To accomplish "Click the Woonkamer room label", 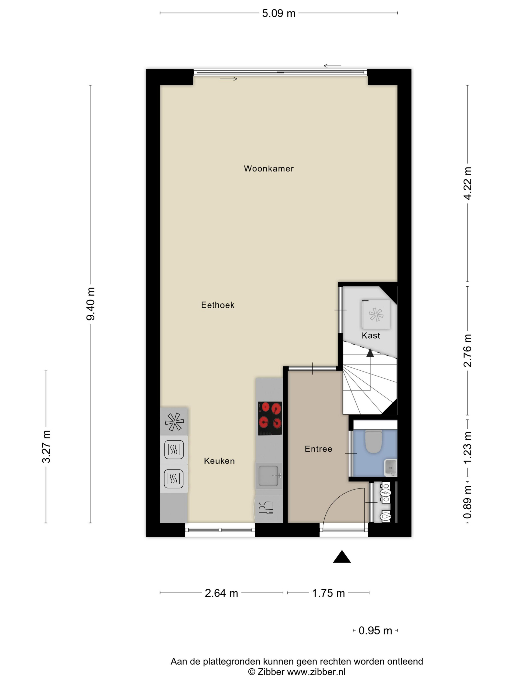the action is point(268,169).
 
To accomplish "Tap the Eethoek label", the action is point(218,305).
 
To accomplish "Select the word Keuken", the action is point(219,461).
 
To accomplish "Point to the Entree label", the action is point(318,449).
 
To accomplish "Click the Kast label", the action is point(371,335).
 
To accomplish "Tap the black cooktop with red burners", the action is point(270,418).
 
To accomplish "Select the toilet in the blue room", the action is point(373,441).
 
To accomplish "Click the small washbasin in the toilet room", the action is point(390,468).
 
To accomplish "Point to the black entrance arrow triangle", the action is point(342,556).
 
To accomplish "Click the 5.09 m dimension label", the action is point(279,13).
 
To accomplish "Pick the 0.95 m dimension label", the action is point(375,631).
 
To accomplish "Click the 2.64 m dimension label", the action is point(221,593).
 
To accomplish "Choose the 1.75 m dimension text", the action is point(328,593).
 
